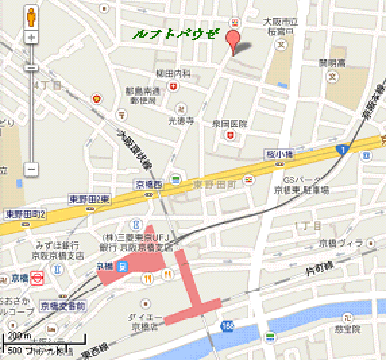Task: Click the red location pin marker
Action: [x=231, y=42]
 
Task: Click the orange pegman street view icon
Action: [x=31, y=17]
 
